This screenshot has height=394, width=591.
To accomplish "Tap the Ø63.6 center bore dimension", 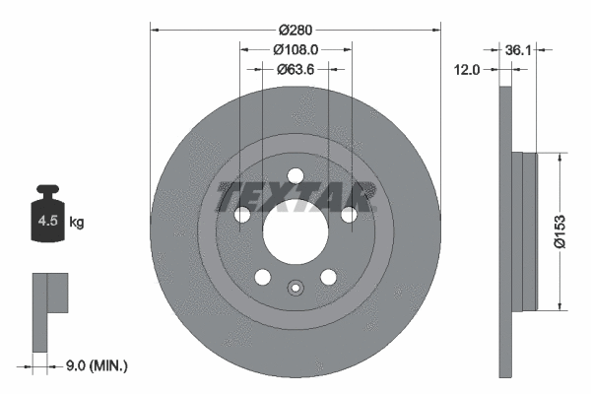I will [295, 69].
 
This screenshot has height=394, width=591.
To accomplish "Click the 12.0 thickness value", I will [467, 70].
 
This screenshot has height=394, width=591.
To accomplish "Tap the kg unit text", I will [78, 223].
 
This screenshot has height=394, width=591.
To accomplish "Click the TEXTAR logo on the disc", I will [295, 193].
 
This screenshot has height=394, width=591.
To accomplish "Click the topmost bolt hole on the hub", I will [295, 176].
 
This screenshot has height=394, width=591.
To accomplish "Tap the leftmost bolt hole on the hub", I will [241, 216].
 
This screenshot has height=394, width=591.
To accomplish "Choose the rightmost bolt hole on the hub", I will [350, 216].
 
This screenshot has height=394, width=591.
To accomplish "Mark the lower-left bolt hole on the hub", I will [262, 279].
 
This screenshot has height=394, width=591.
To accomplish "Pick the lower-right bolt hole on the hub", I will [329, 279].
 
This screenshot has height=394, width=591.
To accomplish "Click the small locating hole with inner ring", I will [295, 289].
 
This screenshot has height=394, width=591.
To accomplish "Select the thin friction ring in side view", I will [506, 230].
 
